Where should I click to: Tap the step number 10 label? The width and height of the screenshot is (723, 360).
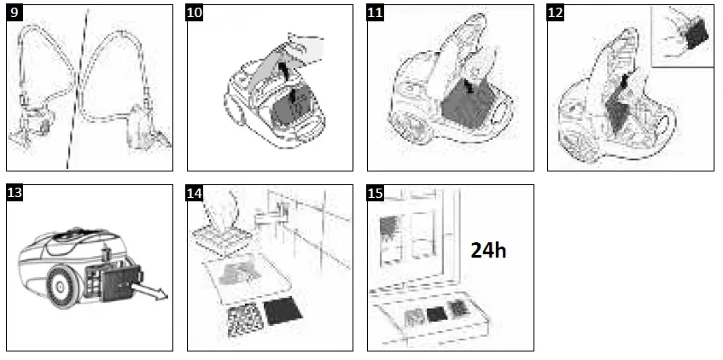(195, 13)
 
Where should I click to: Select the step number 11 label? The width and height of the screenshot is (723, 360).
(376, 13)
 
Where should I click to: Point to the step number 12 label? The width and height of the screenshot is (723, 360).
(556, 13)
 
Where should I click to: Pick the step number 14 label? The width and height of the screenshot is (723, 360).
(195, 193)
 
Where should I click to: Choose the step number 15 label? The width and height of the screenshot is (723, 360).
(376, 193)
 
